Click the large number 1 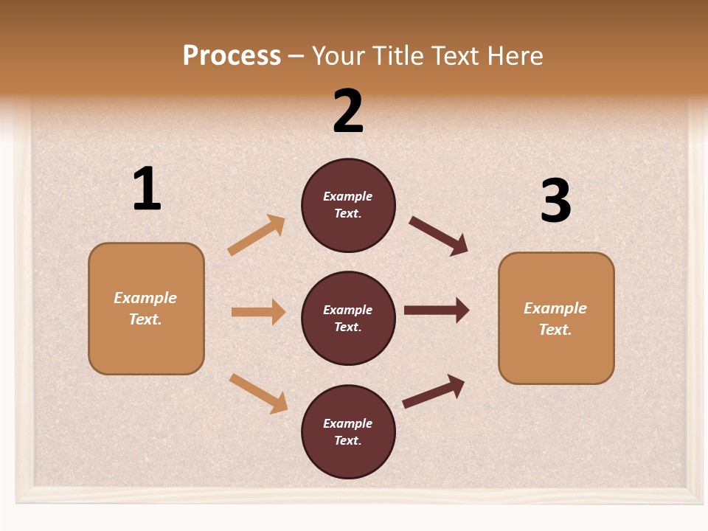coord(147,190)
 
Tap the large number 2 coord(348,111)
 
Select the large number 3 coord(555,201)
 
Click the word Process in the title coord(232,56)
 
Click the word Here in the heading coord(516,56)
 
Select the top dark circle coord(348,205)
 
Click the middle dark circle coord(348,318)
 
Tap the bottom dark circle coord(348,431)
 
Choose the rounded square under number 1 coord(146,308)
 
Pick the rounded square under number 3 coord(556,319)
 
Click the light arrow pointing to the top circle coord(257,235)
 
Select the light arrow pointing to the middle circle coord(258,312)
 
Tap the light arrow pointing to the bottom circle coord(259,393)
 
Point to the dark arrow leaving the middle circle coord(437,310)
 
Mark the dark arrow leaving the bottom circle coord(434,392)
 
